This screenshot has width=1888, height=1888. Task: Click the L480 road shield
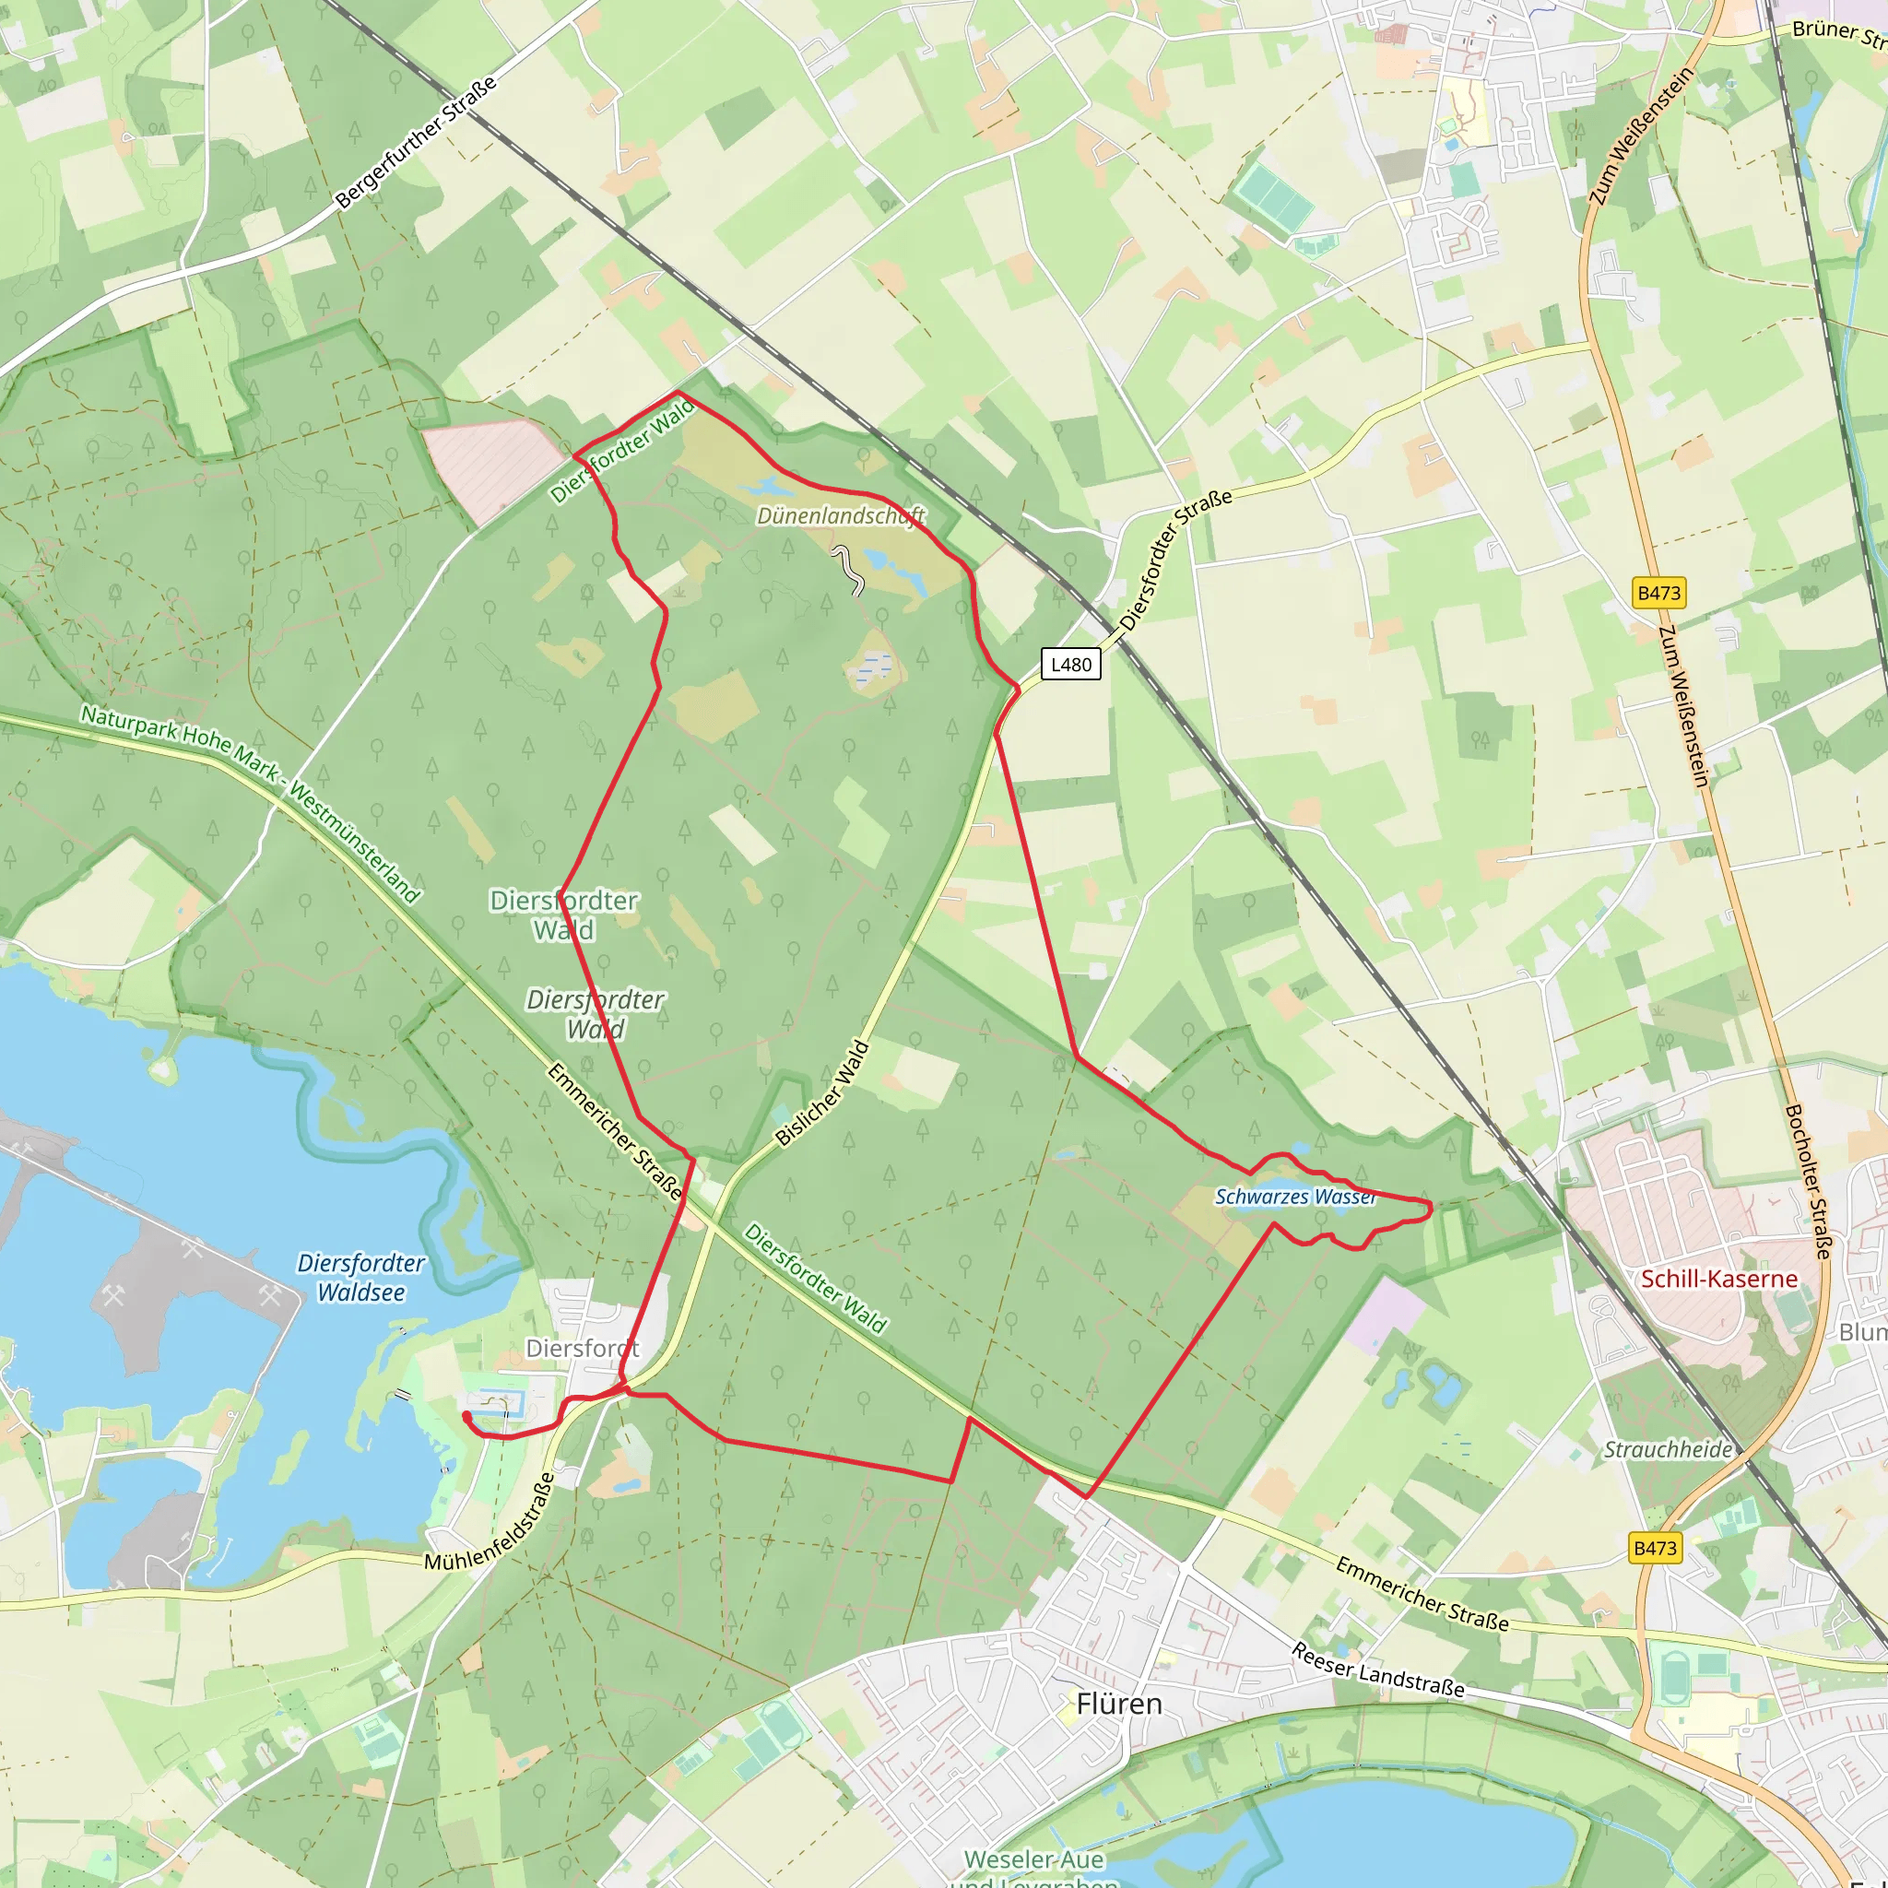point(1070,665)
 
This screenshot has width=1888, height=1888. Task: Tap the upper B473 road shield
point(1658,592)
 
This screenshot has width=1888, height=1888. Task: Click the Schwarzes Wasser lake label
point(1295,1196)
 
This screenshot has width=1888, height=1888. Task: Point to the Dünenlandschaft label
point(841,515)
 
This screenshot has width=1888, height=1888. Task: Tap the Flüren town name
point(1119,1704)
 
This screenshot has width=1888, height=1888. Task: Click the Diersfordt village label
point(583,1348)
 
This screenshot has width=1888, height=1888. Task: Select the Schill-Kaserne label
point(1719,1279)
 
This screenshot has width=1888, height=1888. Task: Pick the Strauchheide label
point(1668,1449)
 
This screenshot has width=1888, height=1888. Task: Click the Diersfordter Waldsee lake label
point(360,1277)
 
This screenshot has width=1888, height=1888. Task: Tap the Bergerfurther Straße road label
point(416,142)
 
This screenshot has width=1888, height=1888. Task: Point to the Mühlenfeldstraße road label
point(490,1524)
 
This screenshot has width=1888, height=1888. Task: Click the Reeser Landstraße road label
point(1378,1670)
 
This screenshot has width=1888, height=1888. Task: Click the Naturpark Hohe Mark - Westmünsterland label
point(250,803)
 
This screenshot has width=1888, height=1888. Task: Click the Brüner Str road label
point(1837,33)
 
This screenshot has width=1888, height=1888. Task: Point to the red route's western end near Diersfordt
point(466,1415)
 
